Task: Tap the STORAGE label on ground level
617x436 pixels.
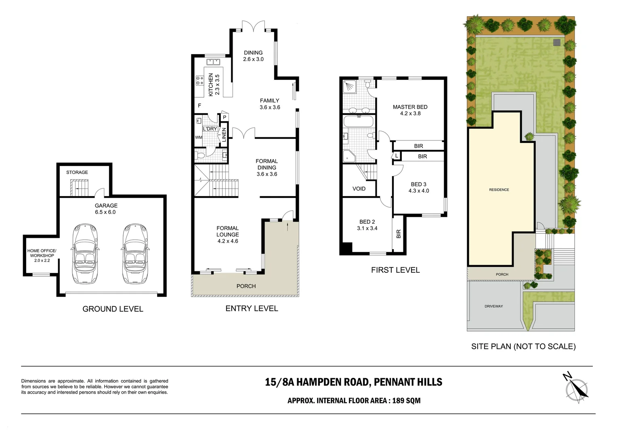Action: (77, 172)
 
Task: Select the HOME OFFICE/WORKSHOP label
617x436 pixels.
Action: (42, 253)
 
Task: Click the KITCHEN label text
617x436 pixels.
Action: (210, 85)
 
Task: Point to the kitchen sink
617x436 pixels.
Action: (213, 62)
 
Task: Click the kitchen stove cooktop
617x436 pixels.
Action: (199, 80)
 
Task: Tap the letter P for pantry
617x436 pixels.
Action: (225, 117)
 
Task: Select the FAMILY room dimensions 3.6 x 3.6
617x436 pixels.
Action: (270, 107)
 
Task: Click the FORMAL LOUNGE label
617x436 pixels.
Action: (227, 231)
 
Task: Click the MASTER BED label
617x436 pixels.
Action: (410, 107)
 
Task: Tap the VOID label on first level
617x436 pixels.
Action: (359, 189)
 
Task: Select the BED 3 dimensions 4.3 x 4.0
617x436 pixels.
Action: (419, 191)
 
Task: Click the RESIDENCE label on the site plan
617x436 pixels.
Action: (499, 190)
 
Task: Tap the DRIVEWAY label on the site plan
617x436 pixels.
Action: (494, 306)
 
